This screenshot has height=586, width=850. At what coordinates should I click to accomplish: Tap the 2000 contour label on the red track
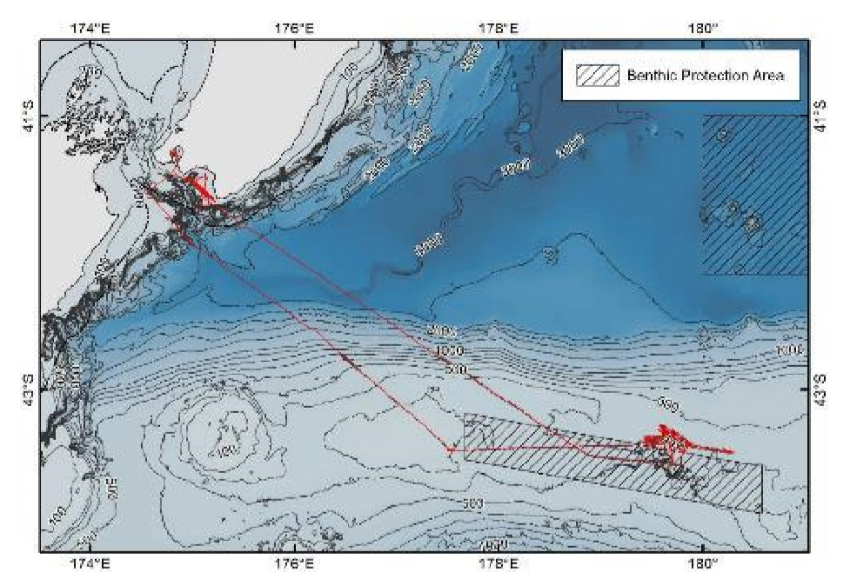pos(442,332)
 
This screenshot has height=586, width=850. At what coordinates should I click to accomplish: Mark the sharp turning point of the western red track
pos(450,449)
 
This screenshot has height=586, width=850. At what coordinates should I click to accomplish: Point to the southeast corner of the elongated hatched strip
pos(761,512)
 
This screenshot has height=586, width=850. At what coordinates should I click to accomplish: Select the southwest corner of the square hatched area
pos(703,274)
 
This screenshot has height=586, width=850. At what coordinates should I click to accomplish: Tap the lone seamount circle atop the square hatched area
pos(723,135)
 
